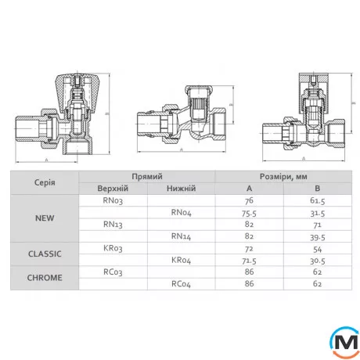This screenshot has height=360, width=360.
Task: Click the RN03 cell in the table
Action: coord(113,200)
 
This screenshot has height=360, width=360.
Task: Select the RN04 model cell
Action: coord(181,213)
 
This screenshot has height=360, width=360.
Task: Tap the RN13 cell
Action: coord(113,225)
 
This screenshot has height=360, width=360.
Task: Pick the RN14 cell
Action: coord(181,236)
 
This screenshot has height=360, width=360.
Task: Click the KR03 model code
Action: coord(113,248)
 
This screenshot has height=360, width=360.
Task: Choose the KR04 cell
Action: coord(181,261)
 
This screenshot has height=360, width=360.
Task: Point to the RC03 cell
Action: coord(113,272)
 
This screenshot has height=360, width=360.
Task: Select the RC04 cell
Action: coord(181,284)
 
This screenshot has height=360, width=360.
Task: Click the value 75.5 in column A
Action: coord(249,213)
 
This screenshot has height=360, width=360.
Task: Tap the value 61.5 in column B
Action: coord(318,200)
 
